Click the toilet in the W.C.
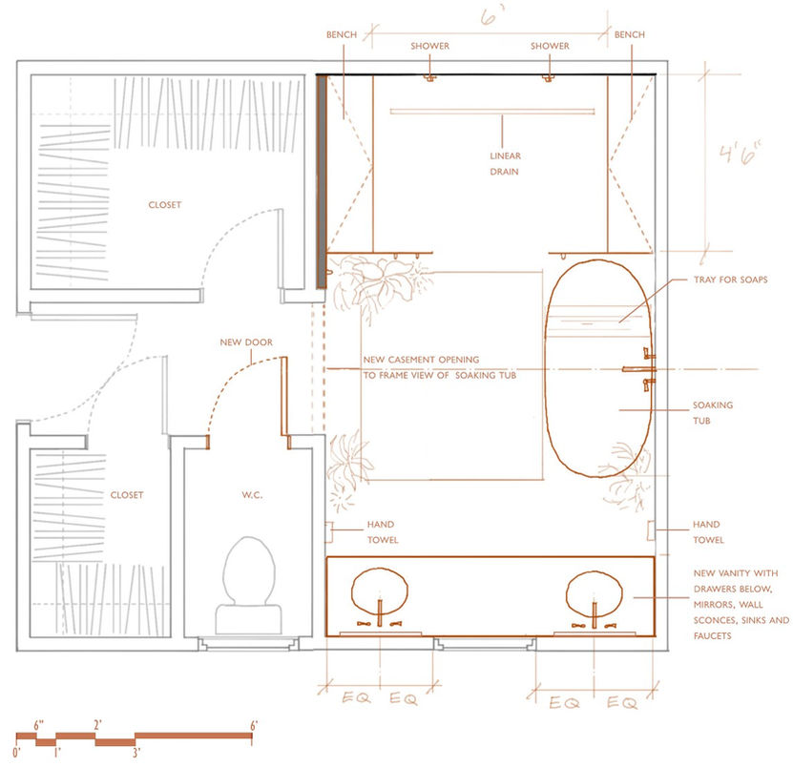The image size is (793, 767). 249,586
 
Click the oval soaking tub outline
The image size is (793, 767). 545,368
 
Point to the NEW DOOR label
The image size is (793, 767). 246,342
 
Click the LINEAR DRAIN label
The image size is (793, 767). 505,163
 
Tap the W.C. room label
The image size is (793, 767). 252,495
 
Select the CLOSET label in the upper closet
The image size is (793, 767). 165,205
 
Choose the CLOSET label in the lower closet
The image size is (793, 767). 127,495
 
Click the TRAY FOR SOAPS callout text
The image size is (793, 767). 730,280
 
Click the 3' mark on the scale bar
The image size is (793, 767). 136,753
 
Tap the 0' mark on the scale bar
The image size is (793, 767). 16,753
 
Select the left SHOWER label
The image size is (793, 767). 429,46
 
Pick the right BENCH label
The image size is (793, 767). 630,34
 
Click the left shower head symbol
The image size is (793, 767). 429,78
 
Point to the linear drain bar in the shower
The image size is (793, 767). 492,112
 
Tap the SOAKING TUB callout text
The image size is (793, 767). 713,412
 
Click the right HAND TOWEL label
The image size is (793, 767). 708,532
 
